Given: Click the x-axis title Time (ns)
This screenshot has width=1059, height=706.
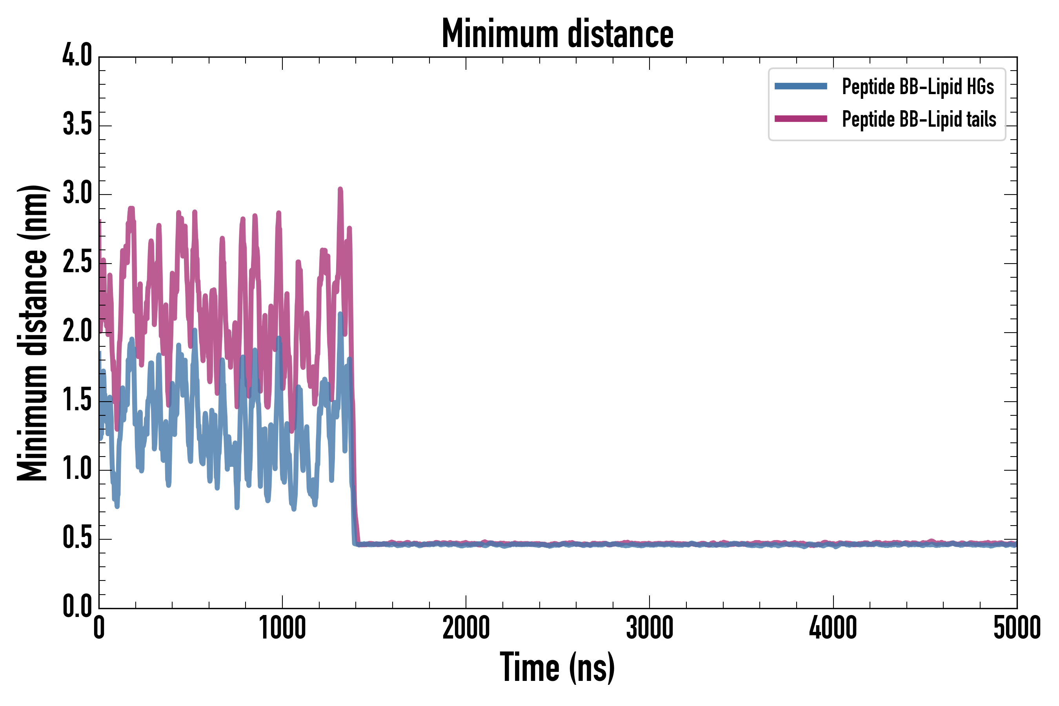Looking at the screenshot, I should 557,667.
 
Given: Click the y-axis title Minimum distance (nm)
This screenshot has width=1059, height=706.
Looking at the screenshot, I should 33,333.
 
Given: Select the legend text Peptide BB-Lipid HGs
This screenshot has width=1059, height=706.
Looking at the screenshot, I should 918,86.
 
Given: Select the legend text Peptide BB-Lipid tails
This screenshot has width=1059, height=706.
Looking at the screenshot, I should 919,119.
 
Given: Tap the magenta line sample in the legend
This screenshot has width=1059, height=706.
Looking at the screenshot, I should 801,119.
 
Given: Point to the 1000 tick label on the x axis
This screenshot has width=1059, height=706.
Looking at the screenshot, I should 282,628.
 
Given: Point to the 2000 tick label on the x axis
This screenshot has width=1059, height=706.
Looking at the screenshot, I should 466,628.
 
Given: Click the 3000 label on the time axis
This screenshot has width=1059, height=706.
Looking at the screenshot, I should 650,628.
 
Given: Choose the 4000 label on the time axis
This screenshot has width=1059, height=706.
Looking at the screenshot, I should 833,628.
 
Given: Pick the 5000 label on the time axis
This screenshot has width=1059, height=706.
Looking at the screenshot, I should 1017,628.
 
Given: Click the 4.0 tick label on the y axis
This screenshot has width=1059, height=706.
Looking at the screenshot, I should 77,56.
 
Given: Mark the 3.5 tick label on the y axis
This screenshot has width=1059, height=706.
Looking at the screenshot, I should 77,125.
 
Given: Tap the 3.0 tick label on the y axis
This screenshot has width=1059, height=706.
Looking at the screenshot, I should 77,194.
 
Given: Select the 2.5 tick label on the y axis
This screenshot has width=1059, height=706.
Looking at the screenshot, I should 77,262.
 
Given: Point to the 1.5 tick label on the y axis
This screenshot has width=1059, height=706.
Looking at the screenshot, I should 77,400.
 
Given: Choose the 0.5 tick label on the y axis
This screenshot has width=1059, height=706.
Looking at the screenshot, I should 77,538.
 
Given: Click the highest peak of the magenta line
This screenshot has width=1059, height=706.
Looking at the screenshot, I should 340,189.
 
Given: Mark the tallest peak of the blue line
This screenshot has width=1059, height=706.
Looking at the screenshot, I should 340,314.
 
